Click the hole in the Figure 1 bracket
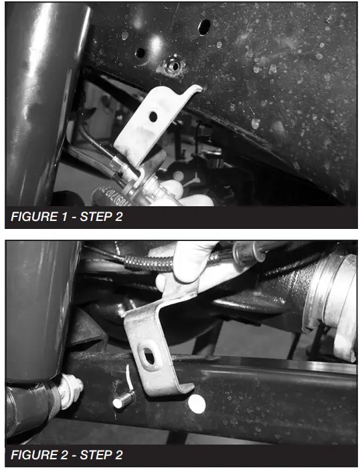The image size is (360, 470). [153, 116]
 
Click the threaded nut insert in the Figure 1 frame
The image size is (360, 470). [173, 66]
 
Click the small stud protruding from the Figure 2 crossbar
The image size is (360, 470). [121, 402]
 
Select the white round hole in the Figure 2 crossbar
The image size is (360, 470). [197, 403]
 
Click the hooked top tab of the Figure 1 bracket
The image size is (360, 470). [194, 89]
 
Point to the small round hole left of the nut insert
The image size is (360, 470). [141, 52]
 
